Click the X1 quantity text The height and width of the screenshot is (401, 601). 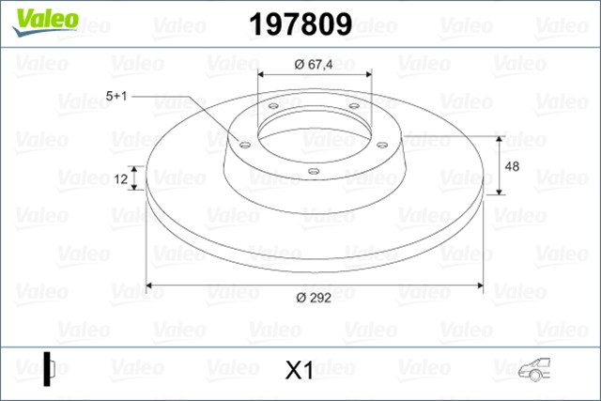[298, 371]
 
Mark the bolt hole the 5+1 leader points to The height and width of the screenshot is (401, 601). [243, 145]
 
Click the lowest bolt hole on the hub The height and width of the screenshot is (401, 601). [312, 171]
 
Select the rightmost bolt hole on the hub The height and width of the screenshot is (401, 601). [384, 144]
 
